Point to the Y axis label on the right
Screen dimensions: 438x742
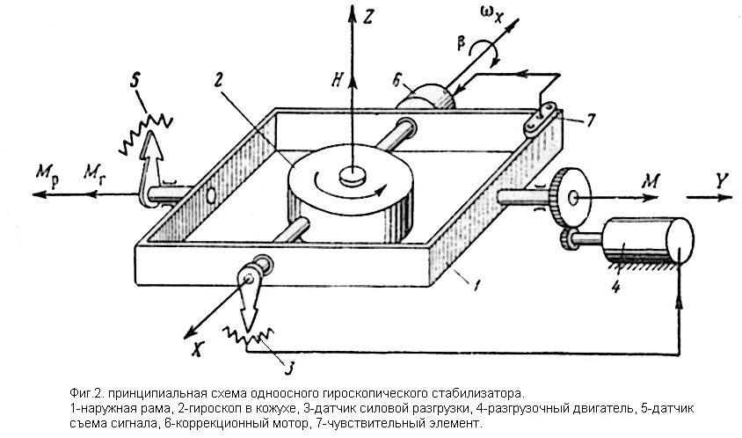tap(723, 180)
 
